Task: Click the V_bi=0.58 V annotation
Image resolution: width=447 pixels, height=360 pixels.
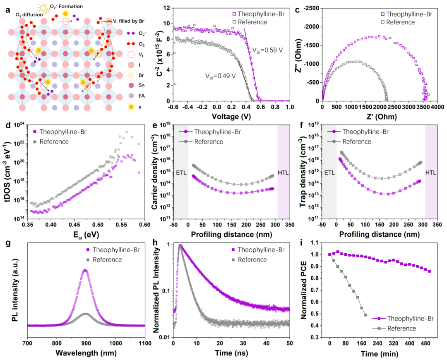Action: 268,50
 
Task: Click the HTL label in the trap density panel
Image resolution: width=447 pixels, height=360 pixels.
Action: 431,172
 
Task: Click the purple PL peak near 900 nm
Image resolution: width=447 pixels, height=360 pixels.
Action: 85,270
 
